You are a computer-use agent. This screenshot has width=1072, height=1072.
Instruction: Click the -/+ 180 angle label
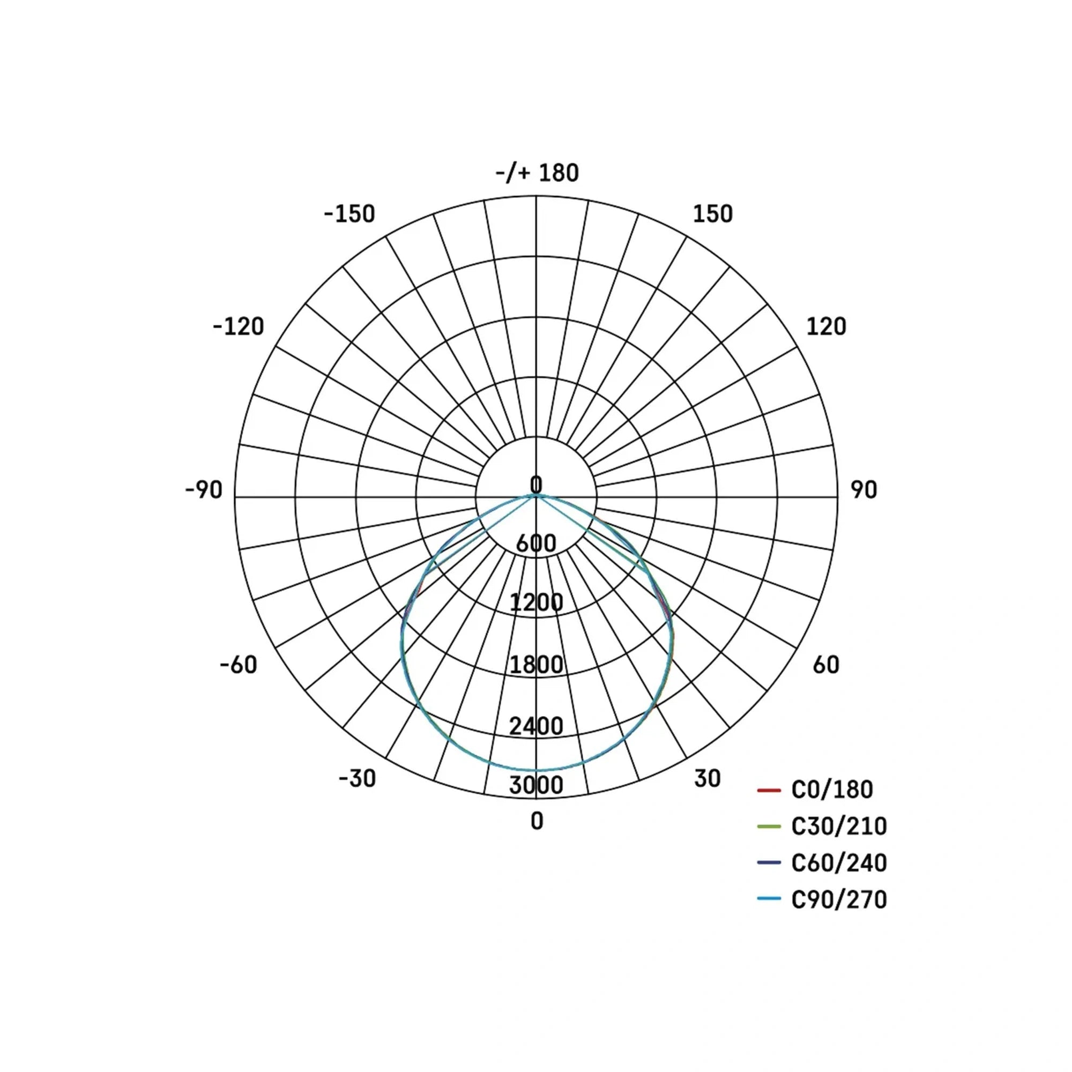tap(537, 173)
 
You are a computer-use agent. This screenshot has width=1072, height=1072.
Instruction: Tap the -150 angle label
tap(349, 214)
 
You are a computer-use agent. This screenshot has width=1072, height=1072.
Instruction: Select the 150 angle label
tap(712, 214)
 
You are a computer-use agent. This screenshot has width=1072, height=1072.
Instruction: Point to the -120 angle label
tap(239, 327)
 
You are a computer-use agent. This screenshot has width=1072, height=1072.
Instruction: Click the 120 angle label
tap(826, 327)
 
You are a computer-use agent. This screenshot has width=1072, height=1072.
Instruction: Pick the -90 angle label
tap(204, 490)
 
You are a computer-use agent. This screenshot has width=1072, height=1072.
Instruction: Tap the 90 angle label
tap(864, 490)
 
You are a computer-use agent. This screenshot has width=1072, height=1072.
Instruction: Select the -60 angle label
tap(239, 665)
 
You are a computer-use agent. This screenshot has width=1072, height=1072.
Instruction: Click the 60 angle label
tap(826, 665)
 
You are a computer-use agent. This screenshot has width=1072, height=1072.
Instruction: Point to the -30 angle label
tap(358, 778)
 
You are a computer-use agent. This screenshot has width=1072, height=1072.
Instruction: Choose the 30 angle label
tap(708, 778)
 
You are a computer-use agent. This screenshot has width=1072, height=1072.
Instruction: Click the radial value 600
tap(536, 543)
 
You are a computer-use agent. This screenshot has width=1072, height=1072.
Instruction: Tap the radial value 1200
tap(536, 602)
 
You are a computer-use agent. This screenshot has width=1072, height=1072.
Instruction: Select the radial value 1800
tap(536, 665)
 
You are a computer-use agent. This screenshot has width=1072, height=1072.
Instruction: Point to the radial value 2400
tap(536, 726)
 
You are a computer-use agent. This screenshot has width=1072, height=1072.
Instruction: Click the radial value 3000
tap(536, 785)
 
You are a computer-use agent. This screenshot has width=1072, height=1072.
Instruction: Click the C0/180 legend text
tap(832, 790)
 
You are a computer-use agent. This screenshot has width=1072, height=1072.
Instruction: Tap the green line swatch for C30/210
tap(769, 827)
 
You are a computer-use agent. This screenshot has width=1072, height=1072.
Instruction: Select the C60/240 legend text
tap(839, 863)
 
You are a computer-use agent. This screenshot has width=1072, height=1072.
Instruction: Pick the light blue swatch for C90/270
tap(769, 899)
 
